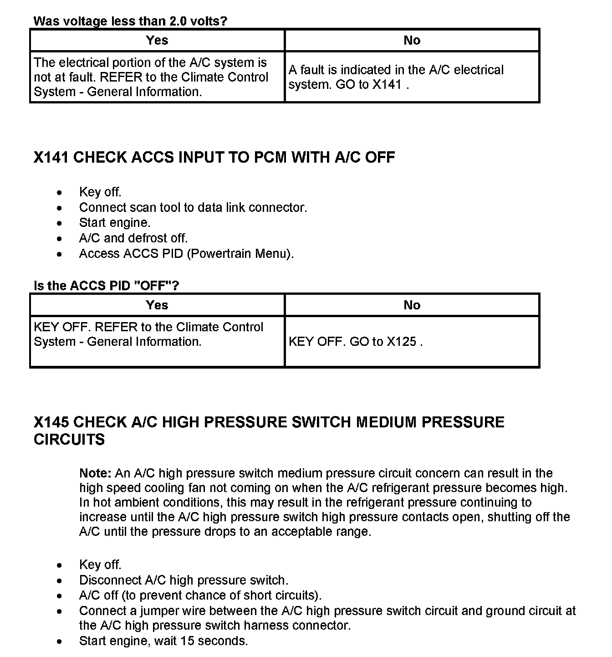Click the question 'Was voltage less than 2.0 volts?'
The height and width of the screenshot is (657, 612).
[130, 21]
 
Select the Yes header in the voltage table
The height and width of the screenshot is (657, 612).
[157, 41]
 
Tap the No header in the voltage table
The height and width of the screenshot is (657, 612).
[412, 41]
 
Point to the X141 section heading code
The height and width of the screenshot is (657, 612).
[51, 158]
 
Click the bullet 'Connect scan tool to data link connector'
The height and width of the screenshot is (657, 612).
[193, 208]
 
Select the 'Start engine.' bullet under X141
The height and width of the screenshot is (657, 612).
[115, 223]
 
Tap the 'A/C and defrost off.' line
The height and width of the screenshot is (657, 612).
[133, 238]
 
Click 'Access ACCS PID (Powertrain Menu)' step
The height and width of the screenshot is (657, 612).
[186, 254]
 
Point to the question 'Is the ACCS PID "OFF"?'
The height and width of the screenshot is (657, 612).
[107, 286]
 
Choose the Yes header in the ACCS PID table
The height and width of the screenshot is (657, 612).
[157, 305]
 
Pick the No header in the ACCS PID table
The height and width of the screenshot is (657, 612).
[412, 305]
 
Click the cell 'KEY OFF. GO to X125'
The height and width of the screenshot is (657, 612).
[356, 342]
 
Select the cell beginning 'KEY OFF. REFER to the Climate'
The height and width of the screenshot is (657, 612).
[148, 334]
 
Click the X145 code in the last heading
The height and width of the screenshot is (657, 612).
[51, 422]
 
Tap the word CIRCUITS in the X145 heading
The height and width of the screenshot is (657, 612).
[69, 440]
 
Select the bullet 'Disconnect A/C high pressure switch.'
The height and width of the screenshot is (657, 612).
[184, 580]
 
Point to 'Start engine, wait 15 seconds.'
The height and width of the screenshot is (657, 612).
[163, 641]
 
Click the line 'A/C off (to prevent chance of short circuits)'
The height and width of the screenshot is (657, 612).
[200, 595]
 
